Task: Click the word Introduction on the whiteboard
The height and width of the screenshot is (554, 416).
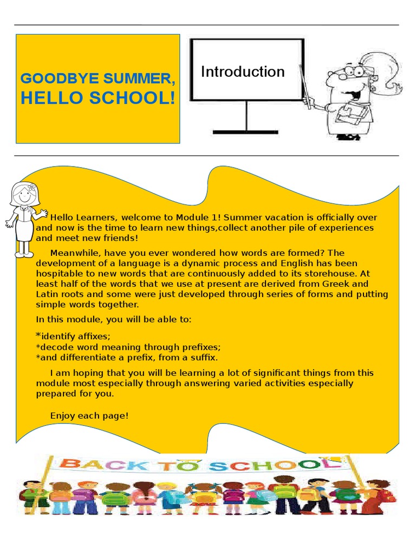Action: [x=243, y=72]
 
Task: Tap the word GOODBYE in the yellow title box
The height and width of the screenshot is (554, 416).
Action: [x=53, y=78]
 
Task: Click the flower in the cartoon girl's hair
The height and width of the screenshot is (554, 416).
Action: [x=31, y=188]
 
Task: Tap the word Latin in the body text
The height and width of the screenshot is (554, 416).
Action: [x=47, y=294]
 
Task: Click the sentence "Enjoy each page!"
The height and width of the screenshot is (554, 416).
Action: [x=89, y=416]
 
